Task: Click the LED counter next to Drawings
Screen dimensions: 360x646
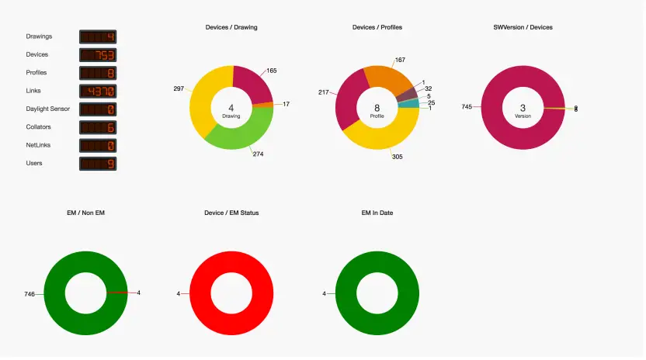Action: point(98,36)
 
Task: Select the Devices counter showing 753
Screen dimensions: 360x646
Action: point(98,55)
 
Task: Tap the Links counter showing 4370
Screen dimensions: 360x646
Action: point(98,92)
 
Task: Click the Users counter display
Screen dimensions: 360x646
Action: point(98,164)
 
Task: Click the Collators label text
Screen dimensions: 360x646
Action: point(40,127)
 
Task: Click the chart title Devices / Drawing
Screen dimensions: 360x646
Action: point(231,27)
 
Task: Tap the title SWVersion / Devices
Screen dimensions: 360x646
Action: point(523,27)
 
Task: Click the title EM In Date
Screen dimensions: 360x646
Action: point(377,213)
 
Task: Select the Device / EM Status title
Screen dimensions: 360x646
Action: point(231,213)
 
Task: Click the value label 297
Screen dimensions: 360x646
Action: point(179,88)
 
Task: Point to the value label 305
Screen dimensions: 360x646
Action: point(397,156)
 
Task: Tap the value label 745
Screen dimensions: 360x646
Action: point(467,107)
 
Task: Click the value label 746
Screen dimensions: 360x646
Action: point(30,294)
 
